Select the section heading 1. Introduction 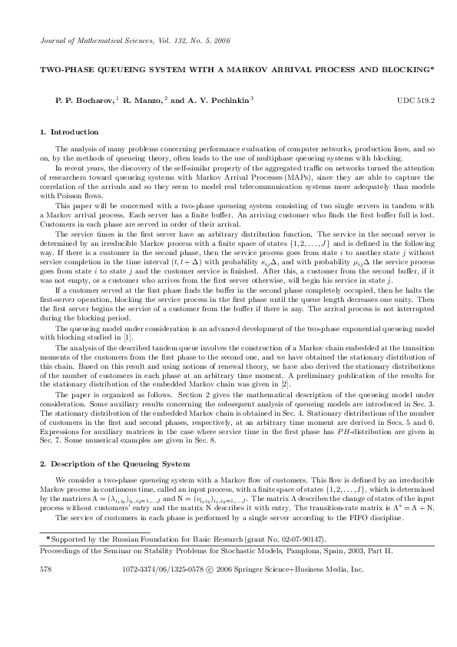click(x=68, y=132)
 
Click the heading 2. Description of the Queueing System click(x=114, y=465)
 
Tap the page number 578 click(x=45, y=571)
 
